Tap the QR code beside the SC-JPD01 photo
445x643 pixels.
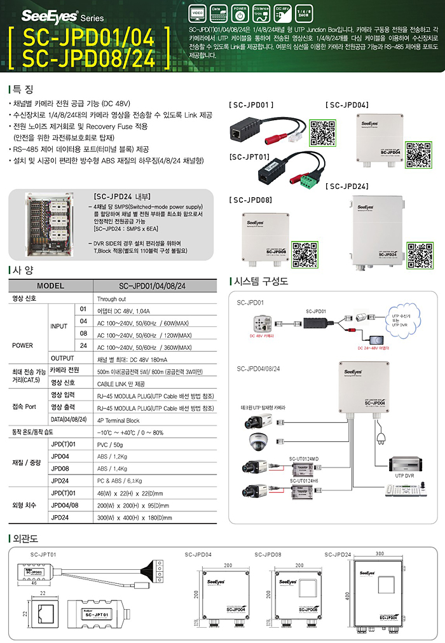(x=322, y=133)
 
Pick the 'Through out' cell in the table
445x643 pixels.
(x=111, y=298)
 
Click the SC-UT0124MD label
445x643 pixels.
(x=303, y=458)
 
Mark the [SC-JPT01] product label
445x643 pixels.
(x=249, y=156)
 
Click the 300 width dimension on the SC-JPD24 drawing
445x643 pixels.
(x=380, y=553)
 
